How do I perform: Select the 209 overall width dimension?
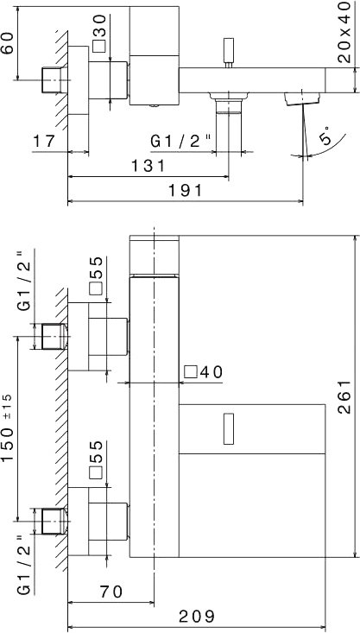click(197, 617)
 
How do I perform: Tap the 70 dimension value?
click(111, 592)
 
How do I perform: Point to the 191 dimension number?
click(185, 190)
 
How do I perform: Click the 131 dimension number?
click(148, 166)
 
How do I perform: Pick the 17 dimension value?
click(44, 142)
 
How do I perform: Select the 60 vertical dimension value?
click(7, 43)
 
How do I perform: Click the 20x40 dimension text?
click(344, 32)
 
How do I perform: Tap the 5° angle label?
click(325, 135)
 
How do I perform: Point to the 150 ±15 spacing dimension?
click(8, 428)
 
